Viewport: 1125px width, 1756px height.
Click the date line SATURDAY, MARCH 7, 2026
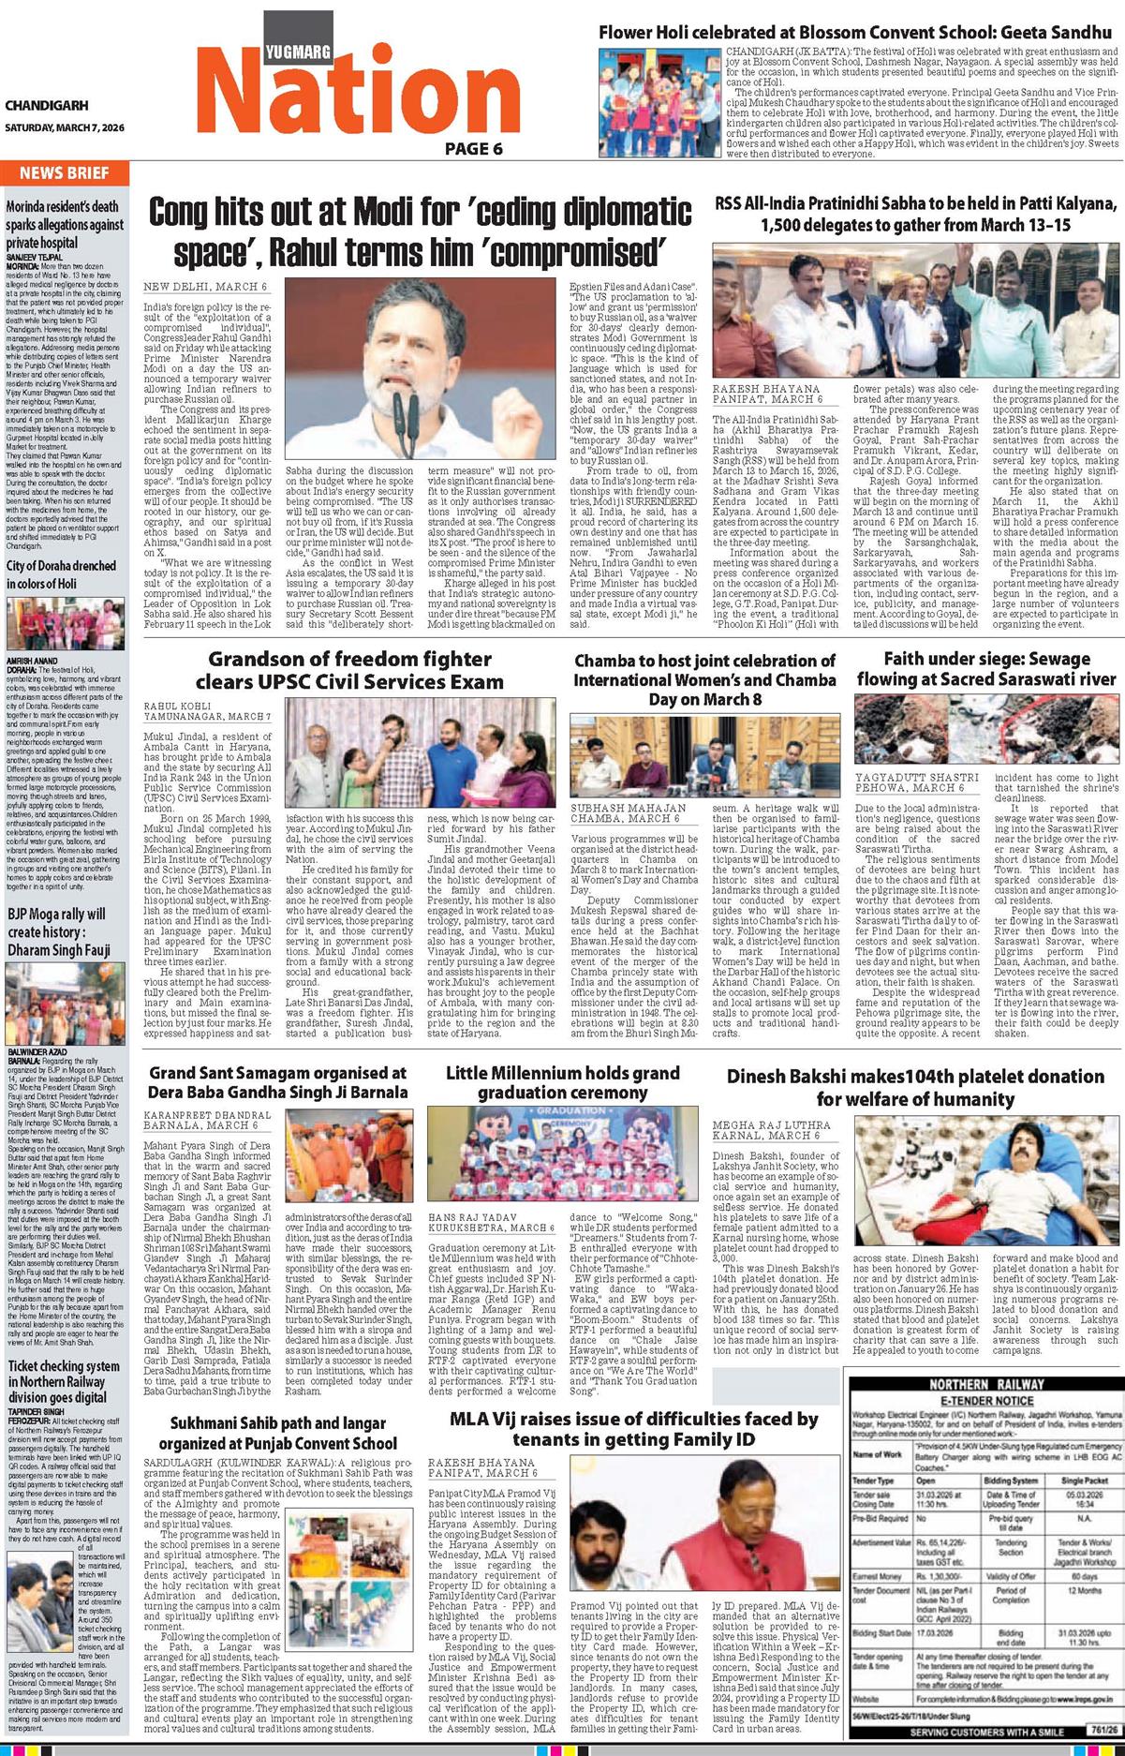point(64,127)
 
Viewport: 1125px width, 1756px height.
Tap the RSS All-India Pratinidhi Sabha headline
point(914,215)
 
